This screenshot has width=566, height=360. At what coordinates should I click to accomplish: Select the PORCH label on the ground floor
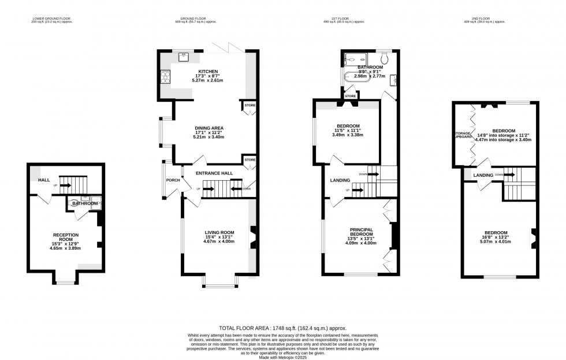173,180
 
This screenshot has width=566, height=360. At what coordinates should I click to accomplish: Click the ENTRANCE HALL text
214,173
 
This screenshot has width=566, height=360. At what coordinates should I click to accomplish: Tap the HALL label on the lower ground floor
44,180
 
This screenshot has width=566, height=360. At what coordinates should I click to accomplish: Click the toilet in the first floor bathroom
385,58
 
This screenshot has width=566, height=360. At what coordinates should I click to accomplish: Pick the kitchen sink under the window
185,57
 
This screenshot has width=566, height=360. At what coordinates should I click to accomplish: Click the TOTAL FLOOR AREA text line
282,327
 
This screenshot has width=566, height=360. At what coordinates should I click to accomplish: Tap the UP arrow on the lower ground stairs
64,185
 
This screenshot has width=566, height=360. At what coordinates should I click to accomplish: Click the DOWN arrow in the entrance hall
237,188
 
